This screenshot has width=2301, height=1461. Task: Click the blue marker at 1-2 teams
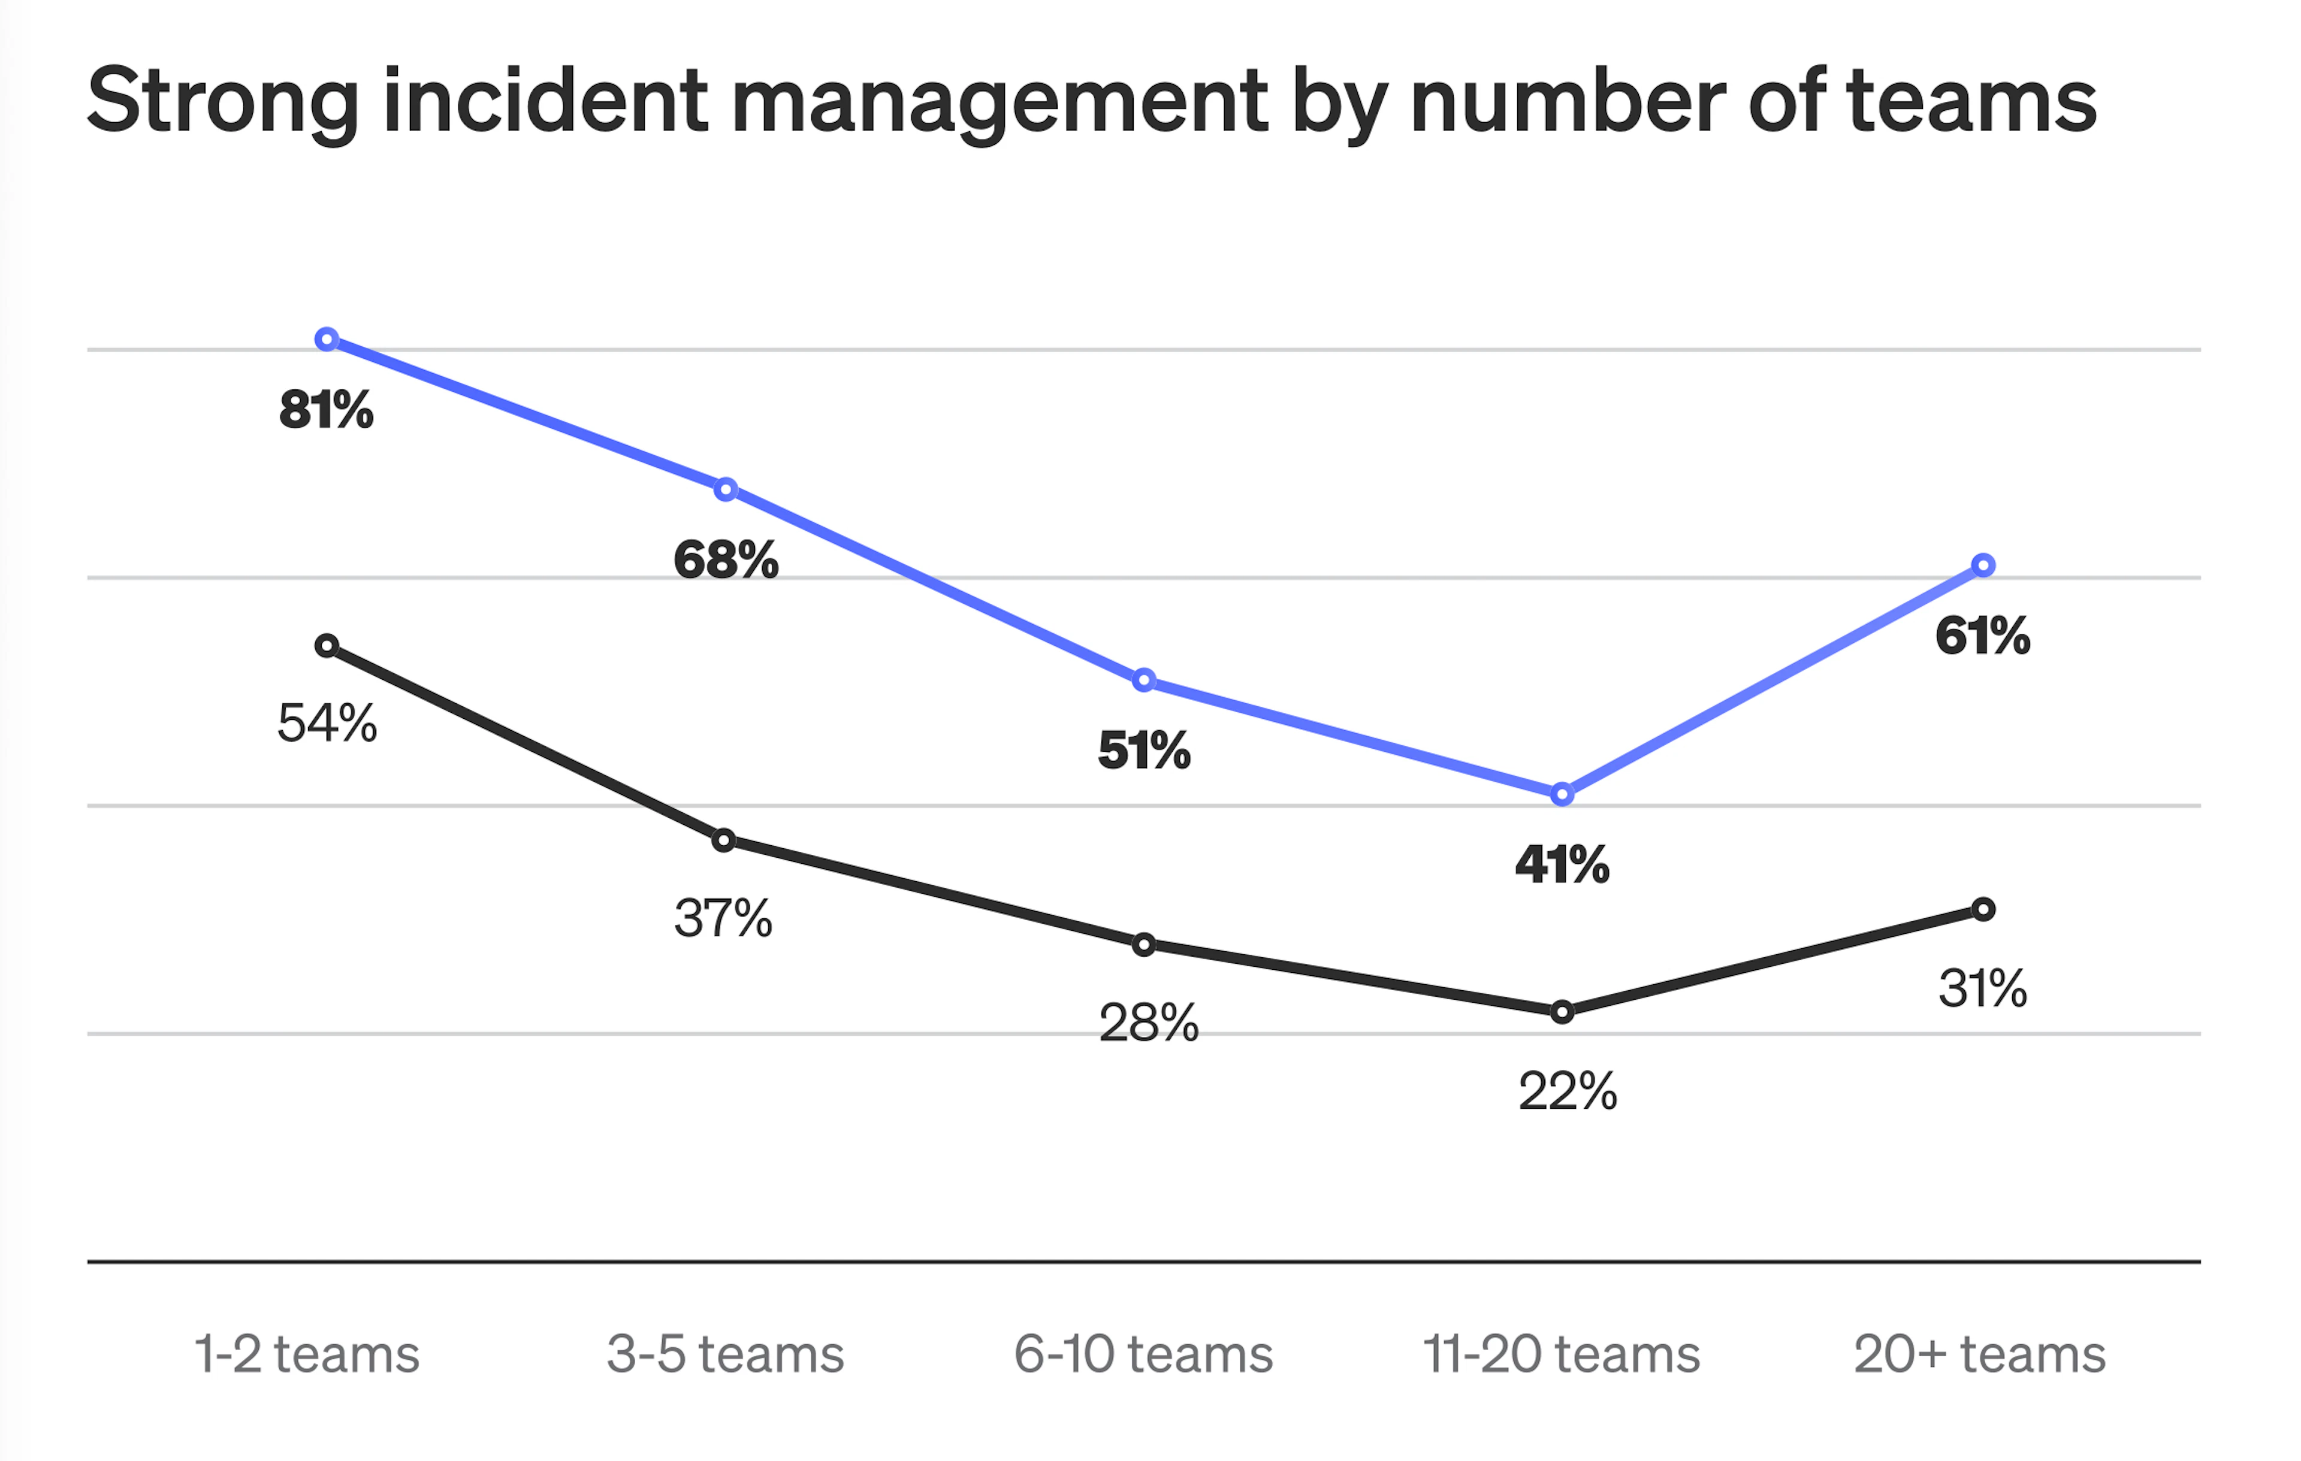tap(327, 339)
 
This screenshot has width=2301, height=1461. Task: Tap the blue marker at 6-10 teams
tap(1144, 680)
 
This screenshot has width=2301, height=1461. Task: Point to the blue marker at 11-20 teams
tap(1562, 794)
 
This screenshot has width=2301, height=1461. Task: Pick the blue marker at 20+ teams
tap(1983, 565)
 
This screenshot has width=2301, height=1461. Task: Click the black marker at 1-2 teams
tap(327, 646)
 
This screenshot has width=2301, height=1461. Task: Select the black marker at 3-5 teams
tap(724, 841)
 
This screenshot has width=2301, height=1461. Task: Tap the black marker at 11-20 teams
tap(1562, 1012)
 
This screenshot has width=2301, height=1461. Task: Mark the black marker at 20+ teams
tap(1983, 909)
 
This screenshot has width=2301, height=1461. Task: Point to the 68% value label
tap(725, 560)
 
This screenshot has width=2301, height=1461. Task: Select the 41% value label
tap(1562, 865)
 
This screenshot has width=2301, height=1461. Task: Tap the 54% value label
tap(327, 724)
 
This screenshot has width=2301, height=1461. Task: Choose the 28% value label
tap(1148, 1023)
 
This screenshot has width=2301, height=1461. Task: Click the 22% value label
tap(1567, 1091)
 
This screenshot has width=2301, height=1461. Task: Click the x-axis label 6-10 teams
tap(1143, 1354)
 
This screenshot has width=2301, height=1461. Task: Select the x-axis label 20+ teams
tap(1979, 1354)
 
